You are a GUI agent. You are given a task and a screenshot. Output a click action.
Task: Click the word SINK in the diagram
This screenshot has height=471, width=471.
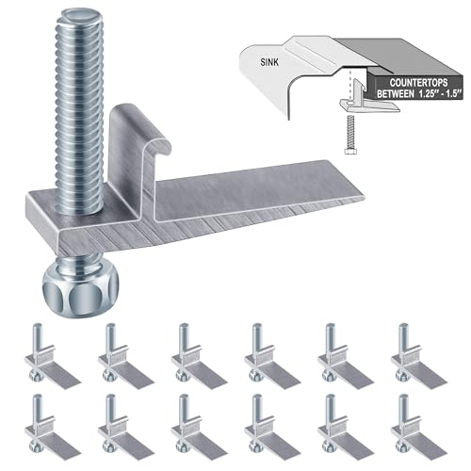[269, 62]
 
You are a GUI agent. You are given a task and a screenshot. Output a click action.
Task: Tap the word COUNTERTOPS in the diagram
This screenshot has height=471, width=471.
[418, 83]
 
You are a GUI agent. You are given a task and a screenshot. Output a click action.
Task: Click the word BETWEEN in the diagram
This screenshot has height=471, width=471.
[396, 94]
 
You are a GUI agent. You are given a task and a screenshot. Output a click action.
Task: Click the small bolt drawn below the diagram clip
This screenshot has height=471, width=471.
[349, 135]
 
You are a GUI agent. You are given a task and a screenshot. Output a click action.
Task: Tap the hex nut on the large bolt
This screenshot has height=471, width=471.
[81, 289]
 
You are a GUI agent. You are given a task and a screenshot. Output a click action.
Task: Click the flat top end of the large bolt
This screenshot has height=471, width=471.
[80, 16]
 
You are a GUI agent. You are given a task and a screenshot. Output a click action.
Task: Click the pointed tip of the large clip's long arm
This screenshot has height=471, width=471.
[365, 197]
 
